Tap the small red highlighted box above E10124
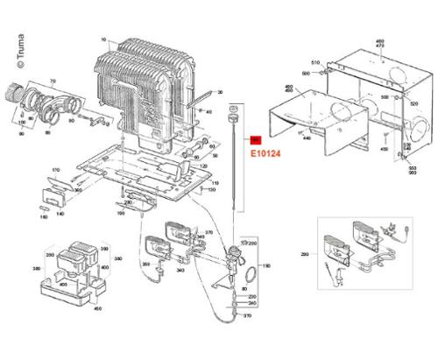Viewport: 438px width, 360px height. (256, 139)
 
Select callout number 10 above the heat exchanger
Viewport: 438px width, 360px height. (103, 40)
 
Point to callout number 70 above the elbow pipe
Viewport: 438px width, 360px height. (52, 81)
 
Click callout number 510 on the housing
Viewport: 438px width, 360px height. (315, 64)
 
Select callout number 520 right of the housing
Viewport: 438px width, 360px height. (413, 102)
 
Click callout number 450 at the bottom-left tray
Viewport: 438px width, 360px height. (97, 307)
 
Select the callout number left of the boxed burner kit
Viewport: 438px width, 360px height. (305, 254)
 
